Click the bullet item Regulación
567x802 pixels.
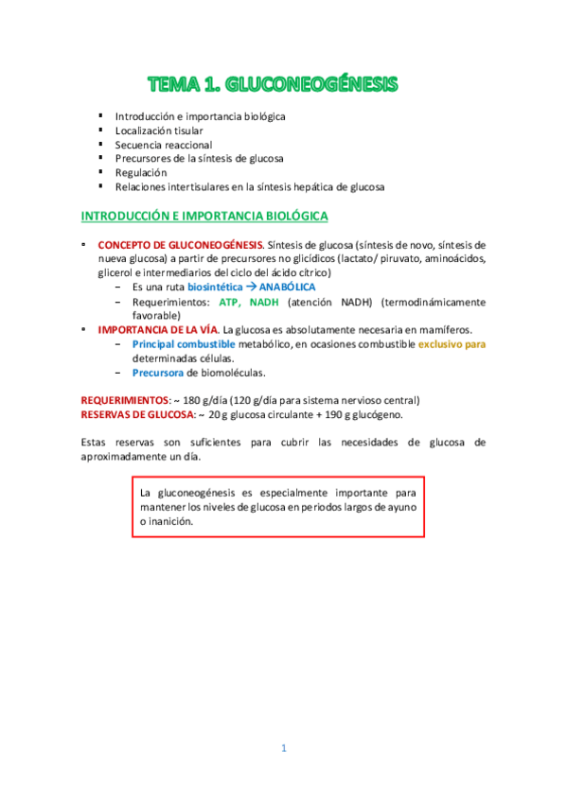click(x=141, y=173)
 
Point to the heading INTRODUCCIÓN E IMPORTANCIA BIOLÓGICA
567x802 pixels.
click(x=204, y=217)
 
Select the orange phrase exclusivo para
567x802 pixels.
click(x=452, y=344)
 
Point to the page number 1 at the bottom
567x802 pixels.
click(x=283, y=749)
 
